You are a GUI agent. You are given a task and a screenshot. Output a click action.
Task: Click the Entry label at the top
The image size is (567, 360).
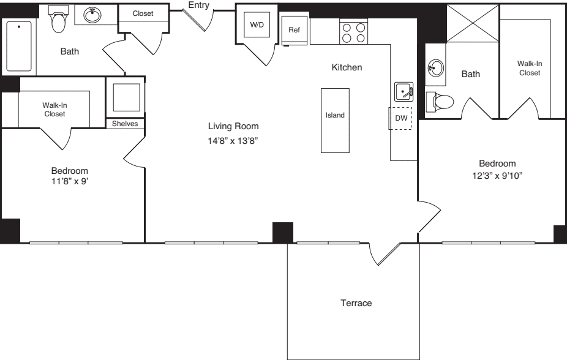point(199,6)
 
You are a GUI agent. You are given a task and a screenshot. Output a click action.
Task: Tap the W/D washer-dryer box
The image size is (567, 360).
point(256,25)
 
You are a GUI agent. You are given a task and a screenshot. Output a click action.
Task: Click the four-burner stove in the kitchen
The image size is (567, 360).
point(353,32)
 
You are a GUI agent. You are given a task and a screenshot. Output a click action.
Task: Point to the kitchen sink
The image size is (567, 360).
point(404,92)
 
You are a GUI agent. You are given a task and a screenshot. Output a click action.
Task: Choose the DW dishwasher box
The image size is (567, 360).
point(401,118)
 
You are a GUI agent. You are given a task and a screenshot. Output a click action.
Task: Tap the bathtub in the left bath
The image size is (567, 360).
point(18,46)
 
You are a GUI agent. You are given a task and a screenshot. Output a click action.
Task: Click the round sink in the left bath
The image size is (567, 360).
point(92,15)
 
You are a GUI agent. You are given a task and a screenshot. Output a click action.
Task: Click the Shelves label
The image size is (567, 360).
point(126,124)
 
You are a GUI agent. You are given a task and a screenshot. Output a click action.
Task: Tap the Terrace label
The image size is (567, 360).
point(356,303)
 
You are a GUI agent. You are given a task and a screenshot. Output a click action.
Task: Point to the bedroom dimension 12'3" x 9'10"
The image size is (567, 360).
point(497,176)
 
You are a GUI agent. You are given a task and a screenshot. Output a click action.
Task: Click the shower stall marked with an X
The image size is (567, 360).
point(472,23)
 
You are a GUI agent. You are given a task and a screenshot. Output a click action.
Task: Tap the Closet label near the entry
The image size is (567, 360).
point(143,13)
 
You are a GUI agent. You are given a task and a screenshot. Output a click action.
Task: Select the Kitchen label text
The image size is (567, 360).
point(347,67)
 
